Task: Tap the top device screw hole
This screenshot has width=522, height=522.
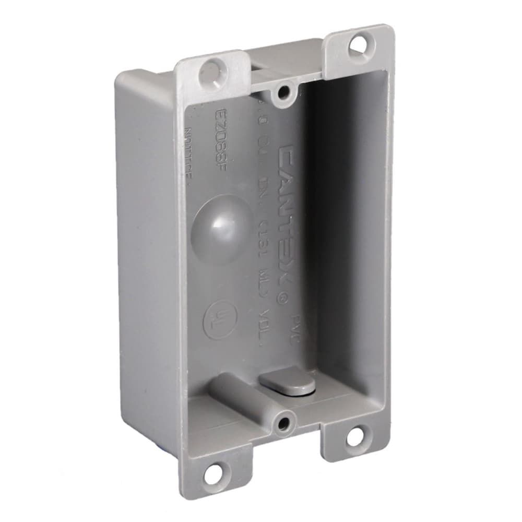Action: (x=284, y=93)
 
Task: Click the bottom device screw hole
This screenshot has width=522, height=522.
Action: (x=283, y=423)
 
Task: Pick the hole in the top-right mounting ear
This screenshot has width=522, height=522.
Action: (x=359, y=45)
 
